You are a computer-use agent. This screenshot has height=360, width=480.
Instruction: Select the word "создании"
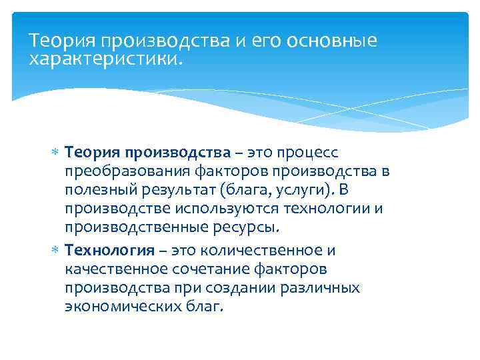[227, 287]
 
